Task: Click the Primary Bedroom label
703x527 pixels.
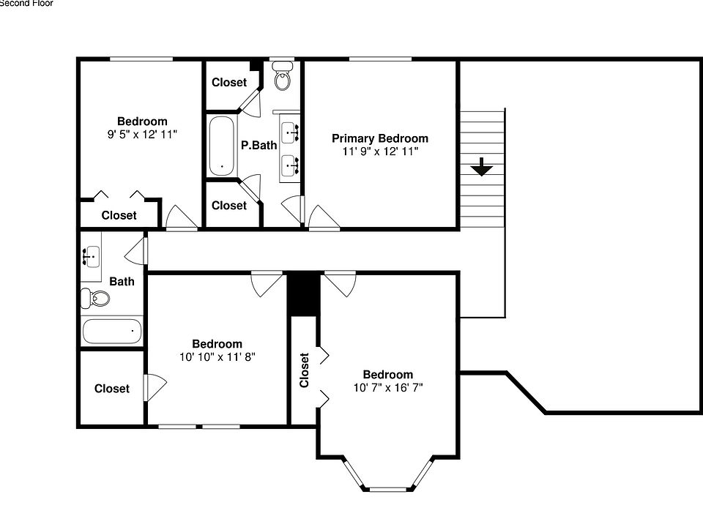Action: pos(379,138)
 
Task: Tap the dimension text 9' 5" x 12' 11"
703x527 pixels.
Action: pos(142,135)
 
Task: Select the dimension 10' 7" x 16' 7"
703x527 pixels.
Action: pos(387,388)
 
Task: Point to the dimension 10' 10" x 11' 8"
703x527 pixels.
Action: pos(217,357)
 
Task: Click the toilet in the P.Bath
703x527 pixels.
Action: pos(282,75)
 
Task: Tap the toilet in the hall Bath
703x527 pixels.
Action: pos(96,298)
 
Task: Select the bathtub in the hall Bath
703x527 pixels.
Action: pos(112,332)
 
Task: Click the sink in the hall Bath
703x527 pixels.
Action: pos(92,256)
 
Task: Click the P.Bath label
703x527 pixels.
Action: pos(259,145)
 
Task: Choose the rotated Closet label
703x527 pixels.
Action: pos(305,370)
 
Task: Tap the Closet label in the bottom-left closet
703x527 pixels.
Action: pos(112,389)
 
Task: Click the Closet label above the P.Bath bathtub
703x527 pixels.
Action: pos(229,83)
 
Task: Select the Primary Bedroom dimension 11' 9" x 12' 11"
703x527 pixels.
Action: pos(379,152)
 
